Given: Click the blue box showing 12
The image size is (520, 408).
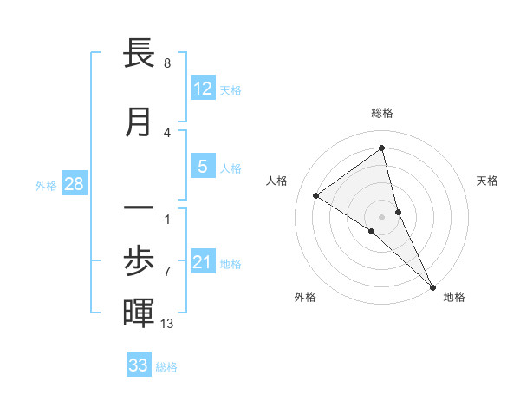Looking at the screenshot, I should (x=203, y=89).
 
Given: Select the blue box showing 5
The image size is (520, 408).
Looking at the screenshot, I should (x=203, y=167).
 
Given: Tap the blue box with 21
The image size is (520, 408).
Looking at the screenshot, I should (x=203, y=263).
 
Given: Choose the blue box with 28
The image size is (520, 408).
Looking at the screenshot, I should (x=74, y=184).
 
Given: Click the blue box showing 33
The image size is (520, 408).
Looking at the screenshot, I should (x=139, y=365).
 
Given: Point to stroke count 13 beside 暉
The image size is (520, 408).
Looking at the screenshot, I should (x=167, y=324).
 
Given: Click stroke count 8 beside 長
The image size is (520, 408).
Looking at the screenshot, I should (x=167, y=63).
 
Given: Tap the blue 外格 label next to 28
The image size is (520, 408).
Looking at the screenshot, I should (x=45, y=185).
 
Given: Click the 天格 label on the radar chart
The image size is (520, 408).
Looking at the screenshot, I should (x=487, y=181).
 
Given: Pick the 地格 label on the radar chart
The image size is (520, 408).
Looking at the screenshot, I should (x=454, y=297).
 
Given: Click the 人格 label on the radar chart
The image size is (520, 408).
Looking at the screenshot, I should (x=277, y=181).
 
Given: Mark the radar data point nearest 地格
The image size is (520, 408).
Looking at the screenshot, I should (x=432, y=286).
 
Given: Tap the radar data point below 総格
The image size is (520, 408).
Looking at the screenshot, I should (x=381, y=148).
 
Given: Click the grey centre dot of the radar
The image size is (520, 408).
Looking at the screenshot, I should (x=382, y=216).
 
